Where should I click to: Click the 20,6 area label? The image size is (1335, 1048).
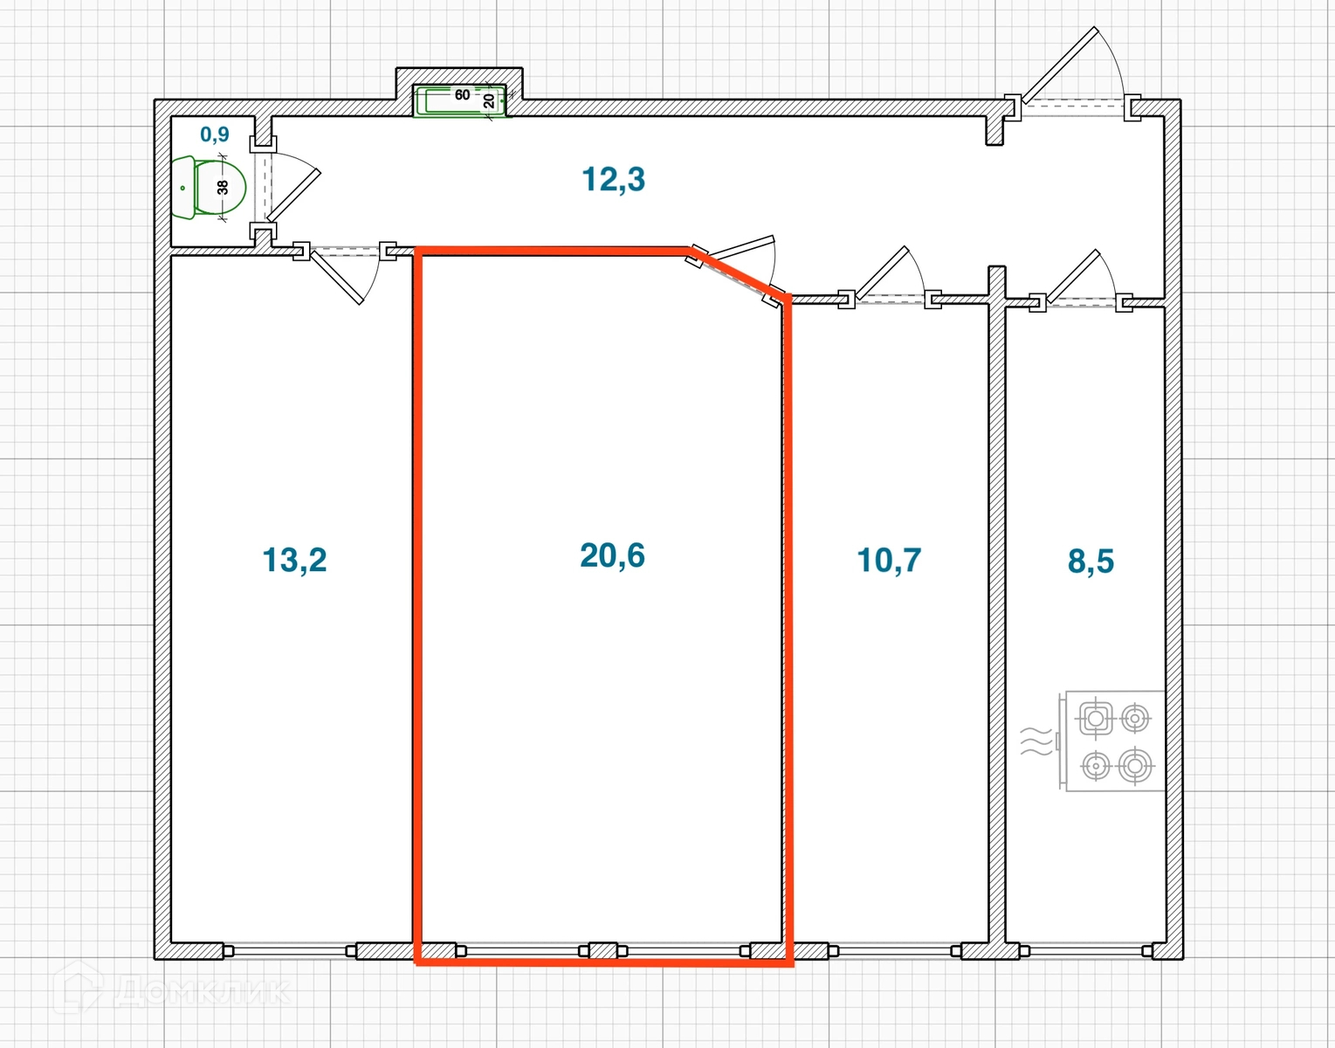tap(612, 555)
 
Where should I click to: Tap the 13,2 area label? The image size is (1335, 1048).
tap(294, 560)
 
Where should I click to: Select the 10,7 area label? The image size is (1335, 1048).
tap(889, 560)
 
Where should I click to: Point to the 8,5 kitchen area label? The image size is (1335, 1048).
tap(1091, 562)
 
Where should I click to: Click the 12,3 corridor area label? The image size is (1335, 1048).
tap(613, 179)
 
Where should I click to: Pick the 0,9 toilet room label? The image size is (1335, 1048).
tap(215, 134)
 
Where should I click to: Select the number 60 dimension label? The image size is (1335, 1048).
tap(462, 94)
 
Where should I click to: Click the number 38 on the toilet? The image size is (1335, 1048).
tap(223, 187)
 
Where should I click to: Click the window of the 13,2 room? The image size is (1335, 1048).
tap(290, 950)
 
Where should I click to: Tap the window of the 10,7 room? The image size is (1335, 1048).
tap(894, 950)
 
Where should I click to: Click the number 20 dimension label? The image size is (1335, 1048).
tap(489, 100)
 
